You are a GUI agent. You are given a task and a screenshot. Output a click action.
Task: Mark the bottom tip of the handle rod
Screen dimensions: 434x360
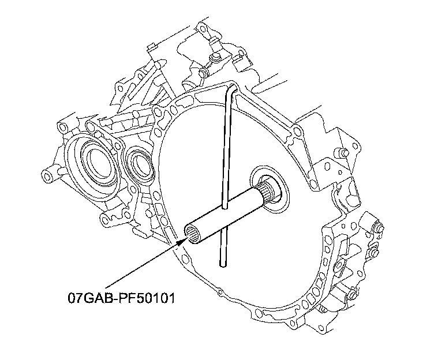[222, 265]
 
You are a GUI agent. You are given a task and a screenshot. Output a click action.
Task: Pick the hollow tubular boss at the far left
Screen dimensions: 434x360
[48, 172]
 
